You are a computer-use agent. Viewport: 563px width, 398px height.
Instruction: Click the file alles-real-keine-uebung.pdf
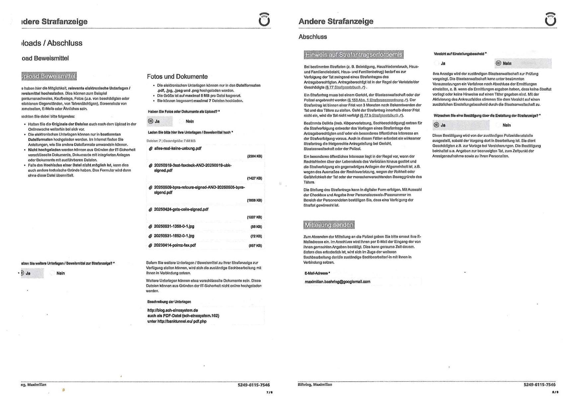(178, 148)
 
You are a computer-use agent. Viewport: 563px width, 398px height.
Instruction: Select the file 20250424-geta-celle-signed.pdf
(181, 209)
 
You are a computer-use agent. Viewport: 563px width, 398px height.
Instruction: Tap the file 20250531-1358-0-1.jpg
(174, 226)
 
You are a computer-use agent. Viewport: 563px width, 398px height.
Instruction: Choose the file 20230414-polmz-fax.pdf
(175, 245)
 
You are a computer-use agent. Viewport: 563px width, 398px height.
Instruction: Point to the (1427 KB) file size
(254, 178)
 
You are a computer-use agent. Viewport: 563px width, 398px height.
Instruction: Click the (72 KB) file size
(256, 236)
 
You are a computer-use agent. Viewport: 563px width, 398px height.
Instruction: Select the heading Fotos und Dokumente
(177, 77)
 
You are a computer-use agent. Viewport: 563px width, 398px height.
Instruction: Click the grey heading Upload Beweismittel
(49, 76)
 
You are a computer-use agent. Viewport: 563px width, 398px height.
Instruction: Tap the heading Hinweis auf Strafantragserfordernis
(354, 54)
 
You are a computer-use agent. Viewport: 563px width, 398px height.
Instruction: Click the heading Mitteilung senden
(329, 225)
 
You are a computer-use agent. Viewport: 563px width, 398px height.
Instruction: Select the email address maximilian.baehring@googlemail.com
(337, 281)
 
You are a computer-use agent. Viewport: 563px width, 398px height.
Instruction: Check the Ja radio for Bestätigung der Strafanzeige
(437, 125)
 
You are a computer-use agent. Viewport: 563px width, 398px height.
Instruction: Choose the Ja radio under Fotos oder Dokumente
(151, 121)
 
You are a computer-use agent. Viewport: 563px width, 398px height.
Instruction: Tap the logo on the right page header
(550, 19)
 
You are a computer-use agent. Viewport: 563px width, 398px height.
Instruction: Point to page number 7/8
(269, 392)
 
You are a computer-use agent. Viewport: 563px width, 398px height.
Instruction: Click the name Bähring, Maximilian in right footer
(315, 384)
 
